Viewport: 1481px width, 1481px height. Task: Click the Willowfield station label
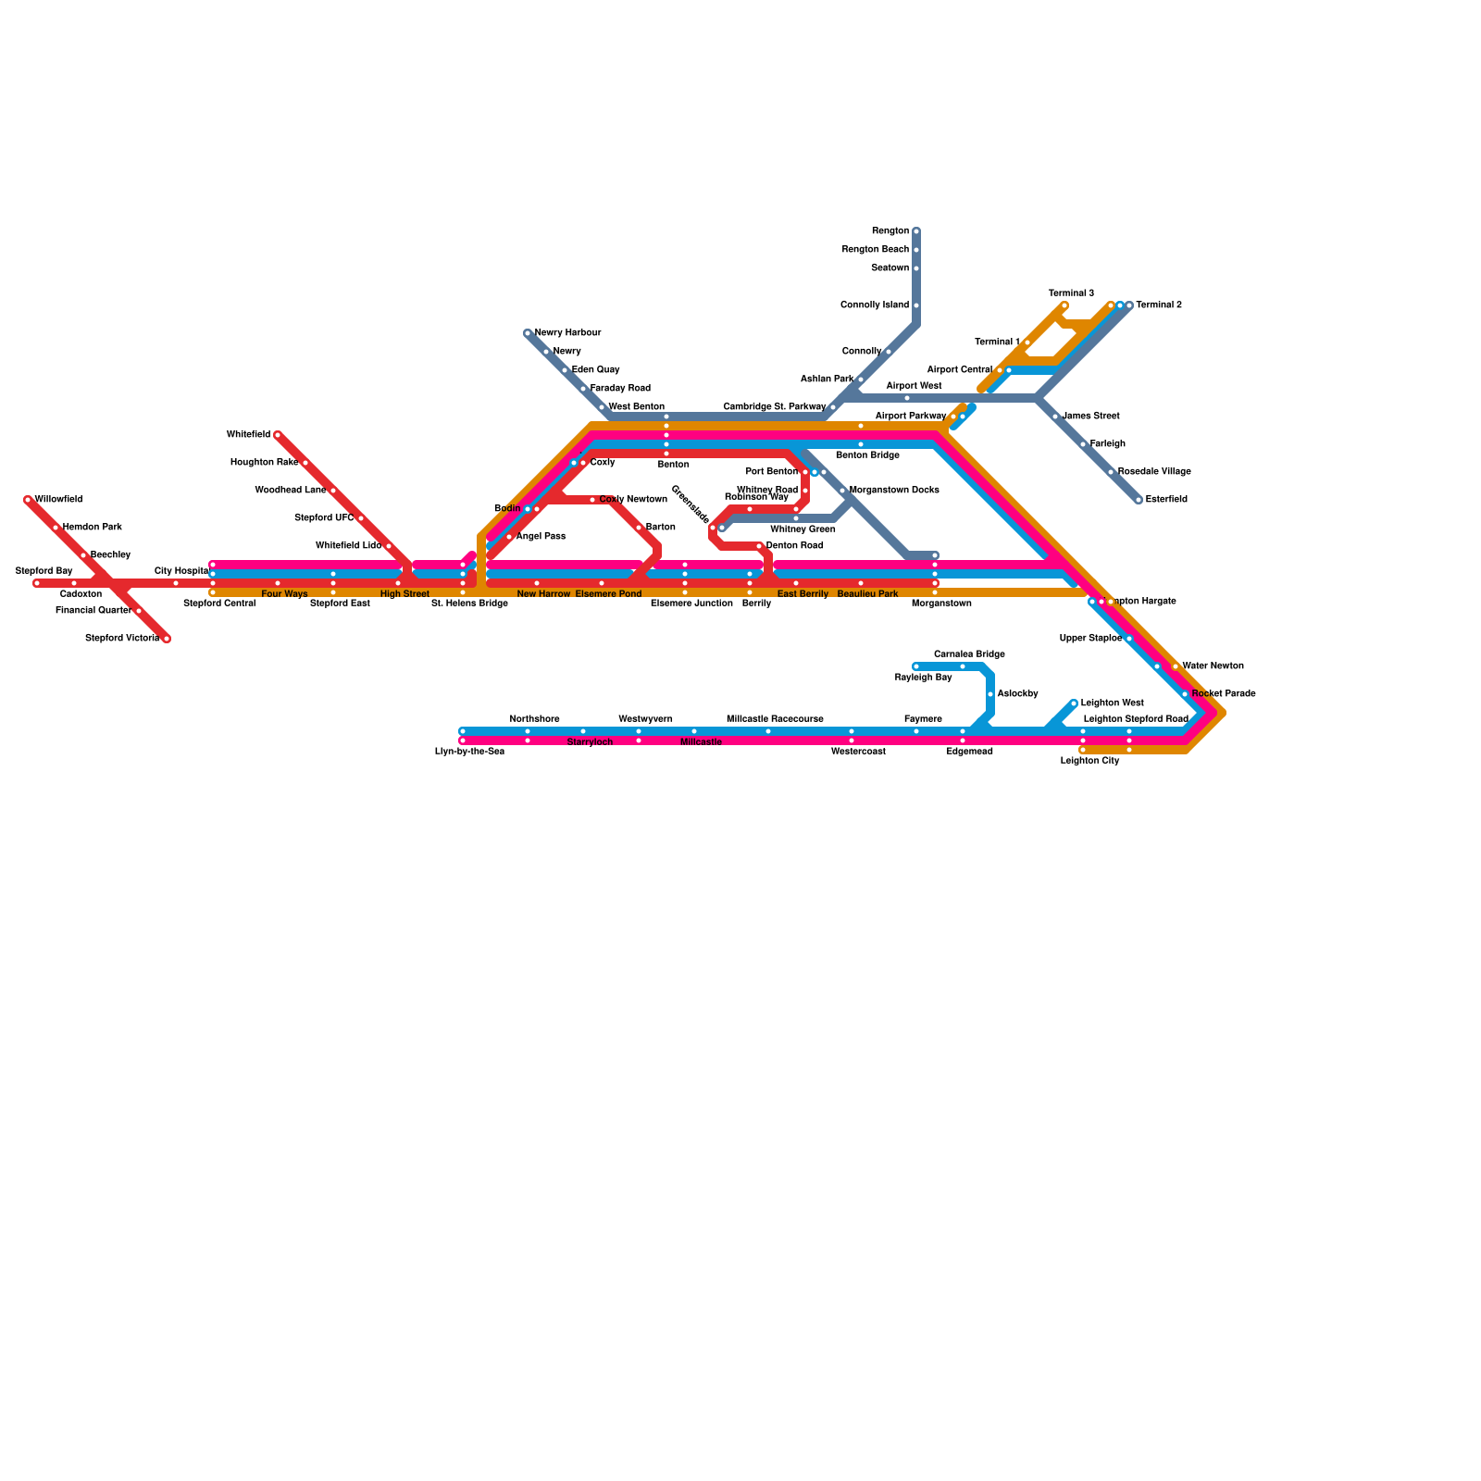coord(58,500)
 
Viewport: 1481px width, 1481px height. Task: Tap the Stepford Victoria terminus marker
coord(167,639)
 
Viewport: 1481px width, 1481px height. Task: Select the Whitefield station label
coord(248,435)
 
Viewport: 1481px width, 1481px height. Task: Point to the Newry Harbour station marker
coord(528,333)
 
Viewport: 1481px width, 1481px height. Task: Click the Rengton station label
coord(890,231)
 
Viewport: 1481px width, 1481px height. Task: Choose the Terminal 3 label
coord(1071,293)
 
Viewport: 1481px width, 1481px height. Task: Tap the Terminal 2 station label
coord(1159,305)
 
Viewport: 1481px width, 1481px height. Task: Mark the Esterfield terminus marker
coord(1139,500)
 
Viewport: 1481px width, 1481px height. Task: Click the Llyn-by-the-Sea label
coord(469,752)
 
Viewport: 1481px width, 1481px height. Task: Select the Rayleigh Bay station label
coord(923,678)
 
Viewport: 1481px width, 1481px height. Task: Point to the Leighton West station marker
coord(1074,703)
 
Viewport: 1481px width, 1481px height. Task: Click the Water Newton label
coord(1213,666)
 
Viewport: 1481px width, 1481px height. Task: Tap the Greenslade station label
coord(690,504)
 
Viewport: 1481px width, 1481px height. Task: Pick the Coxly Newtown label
coord(633,500)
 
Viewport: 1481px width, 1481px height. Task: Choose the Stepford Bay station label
coord(44,571)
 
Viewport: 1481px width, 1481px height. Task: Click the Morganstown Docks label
coord(894,491)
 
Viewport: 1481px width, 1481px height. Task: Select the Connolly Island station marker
coord(916,305)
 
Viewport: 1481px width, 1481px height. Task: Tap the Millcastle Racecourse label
coord(775,719)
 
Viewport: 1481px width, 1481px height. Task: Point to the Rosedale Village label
coord(1154,472)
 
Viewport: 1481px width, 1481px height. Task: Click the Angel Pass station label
coord(541,537)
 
